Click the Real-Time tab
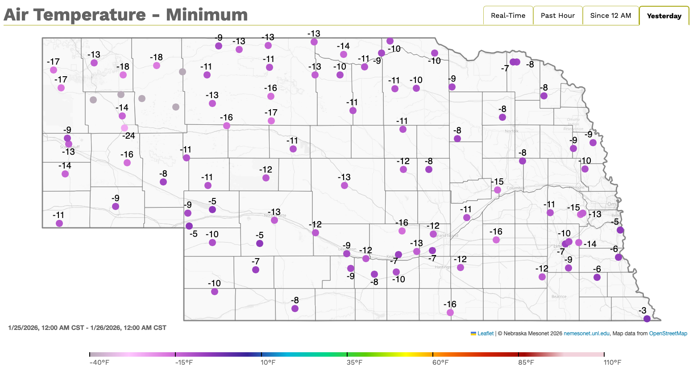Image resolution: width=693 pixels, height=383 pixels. (x=508, y=16)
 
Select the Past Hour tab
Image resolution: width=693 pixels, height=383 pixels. (x=558, y=16)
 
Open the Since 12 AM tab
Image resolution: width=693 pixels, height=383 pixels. (x=610, y=16)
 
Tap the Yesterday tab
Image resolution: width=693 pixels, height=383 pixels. (x=664, y=16)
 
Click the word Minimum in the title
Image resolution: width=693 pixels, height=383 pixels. (x=207, y=15)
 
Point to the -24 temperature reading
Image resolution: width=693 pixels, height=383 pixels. (x=129, y=136)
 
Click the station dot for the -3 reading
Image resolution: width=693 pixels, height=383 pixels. (x=647, y=318)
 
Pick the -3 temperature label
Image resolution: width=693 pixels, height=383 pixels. (x=642, y=311)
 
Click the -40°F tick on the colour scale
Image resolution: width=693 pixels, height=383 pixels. (x=90, y=354)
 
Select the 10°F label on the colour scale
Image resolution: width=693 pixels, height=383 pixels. (x=268, y=362)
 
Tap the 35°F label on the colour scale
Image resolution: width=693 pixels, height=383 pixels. (x=354, y=362)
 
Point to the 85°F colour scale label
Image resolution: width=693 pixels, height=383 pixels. (x=526, y=362)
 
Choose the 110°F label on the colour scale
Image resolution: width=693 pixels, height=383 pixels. (x=612, y=362)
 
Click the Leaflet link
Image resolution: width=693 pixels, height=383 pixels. (x=486, y=334)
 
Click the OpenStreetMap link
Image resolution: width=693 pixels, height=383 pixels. (x=668, y=334)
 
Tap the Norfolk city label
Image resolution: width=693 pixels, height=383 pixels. (x=511, y=131)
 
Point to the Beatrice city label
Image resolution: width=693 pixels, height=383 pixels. (x=559, y=297)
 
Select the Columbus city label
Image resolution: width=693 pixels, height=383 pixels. (x=516, y=188)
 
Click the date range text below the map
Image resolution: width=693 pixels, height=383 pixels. (x=87, y=328)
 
